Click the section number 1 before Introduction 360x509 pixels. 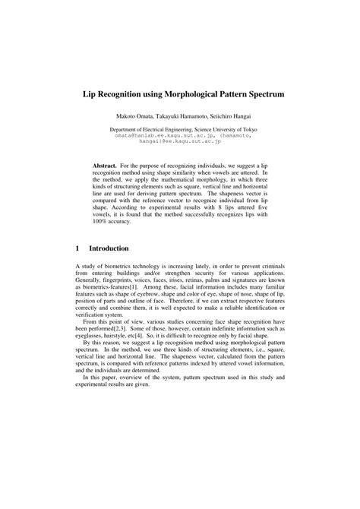(78, 248)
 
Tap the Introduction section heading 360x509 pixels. (109, 248)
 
